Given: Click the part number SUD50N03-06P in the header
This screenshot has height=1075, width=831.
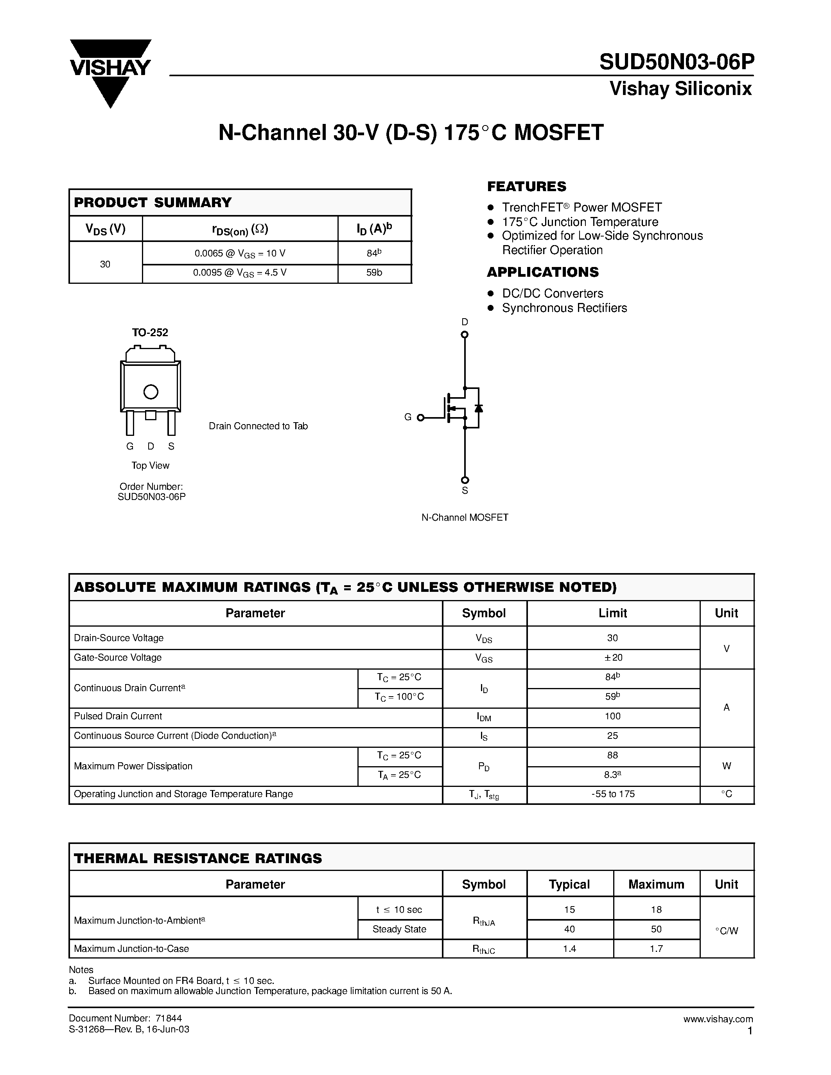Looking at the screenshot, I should [x=676, y=63].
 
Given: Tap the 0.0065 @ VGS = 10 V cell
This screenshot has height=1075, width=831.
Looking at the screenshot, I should [x=240, y=253].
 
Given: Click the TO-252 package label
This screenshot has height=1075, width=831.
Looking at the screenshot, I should [x=150, y=333].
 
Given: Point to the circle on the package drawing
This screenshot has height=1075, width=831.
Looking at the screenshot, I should [x=151, y=392].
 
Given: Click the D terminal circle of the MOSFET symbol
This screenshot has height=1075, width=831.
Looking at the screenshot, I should [x=464, y=335].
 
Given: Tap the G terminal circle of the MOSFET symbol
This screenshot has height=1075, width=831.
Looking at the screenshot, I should [x=420, y=418].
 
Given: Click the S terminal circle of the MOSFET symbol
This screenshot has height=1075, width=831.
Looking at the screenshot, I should [x=465, y=480].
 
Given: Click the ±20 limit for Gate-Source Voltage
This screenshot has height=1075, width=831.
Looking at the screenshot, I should [x=613, y=658].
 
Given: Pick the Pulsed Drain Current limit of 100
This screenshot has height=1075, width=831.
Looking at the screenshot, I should [x=613, y=716].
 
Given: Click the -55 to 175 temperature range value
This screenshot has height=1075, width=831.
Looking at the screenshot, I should [x=613, y=794].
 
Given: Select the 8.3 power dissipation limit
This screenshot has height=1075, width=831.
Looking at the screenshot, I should [x=612, y=775].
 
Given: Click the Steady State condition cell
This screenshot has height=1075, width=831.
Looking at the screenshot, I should [x=399, y=929].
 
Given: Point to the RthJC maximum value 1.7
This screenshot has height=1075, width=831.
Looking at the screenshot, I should [x=656, y=948].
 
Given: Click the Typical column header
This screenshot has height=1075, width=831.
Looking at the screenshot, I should [x=570, y=885].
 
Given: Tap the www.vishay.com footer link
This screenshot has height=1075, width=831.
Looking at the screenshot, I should [x=718, y=1019].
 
